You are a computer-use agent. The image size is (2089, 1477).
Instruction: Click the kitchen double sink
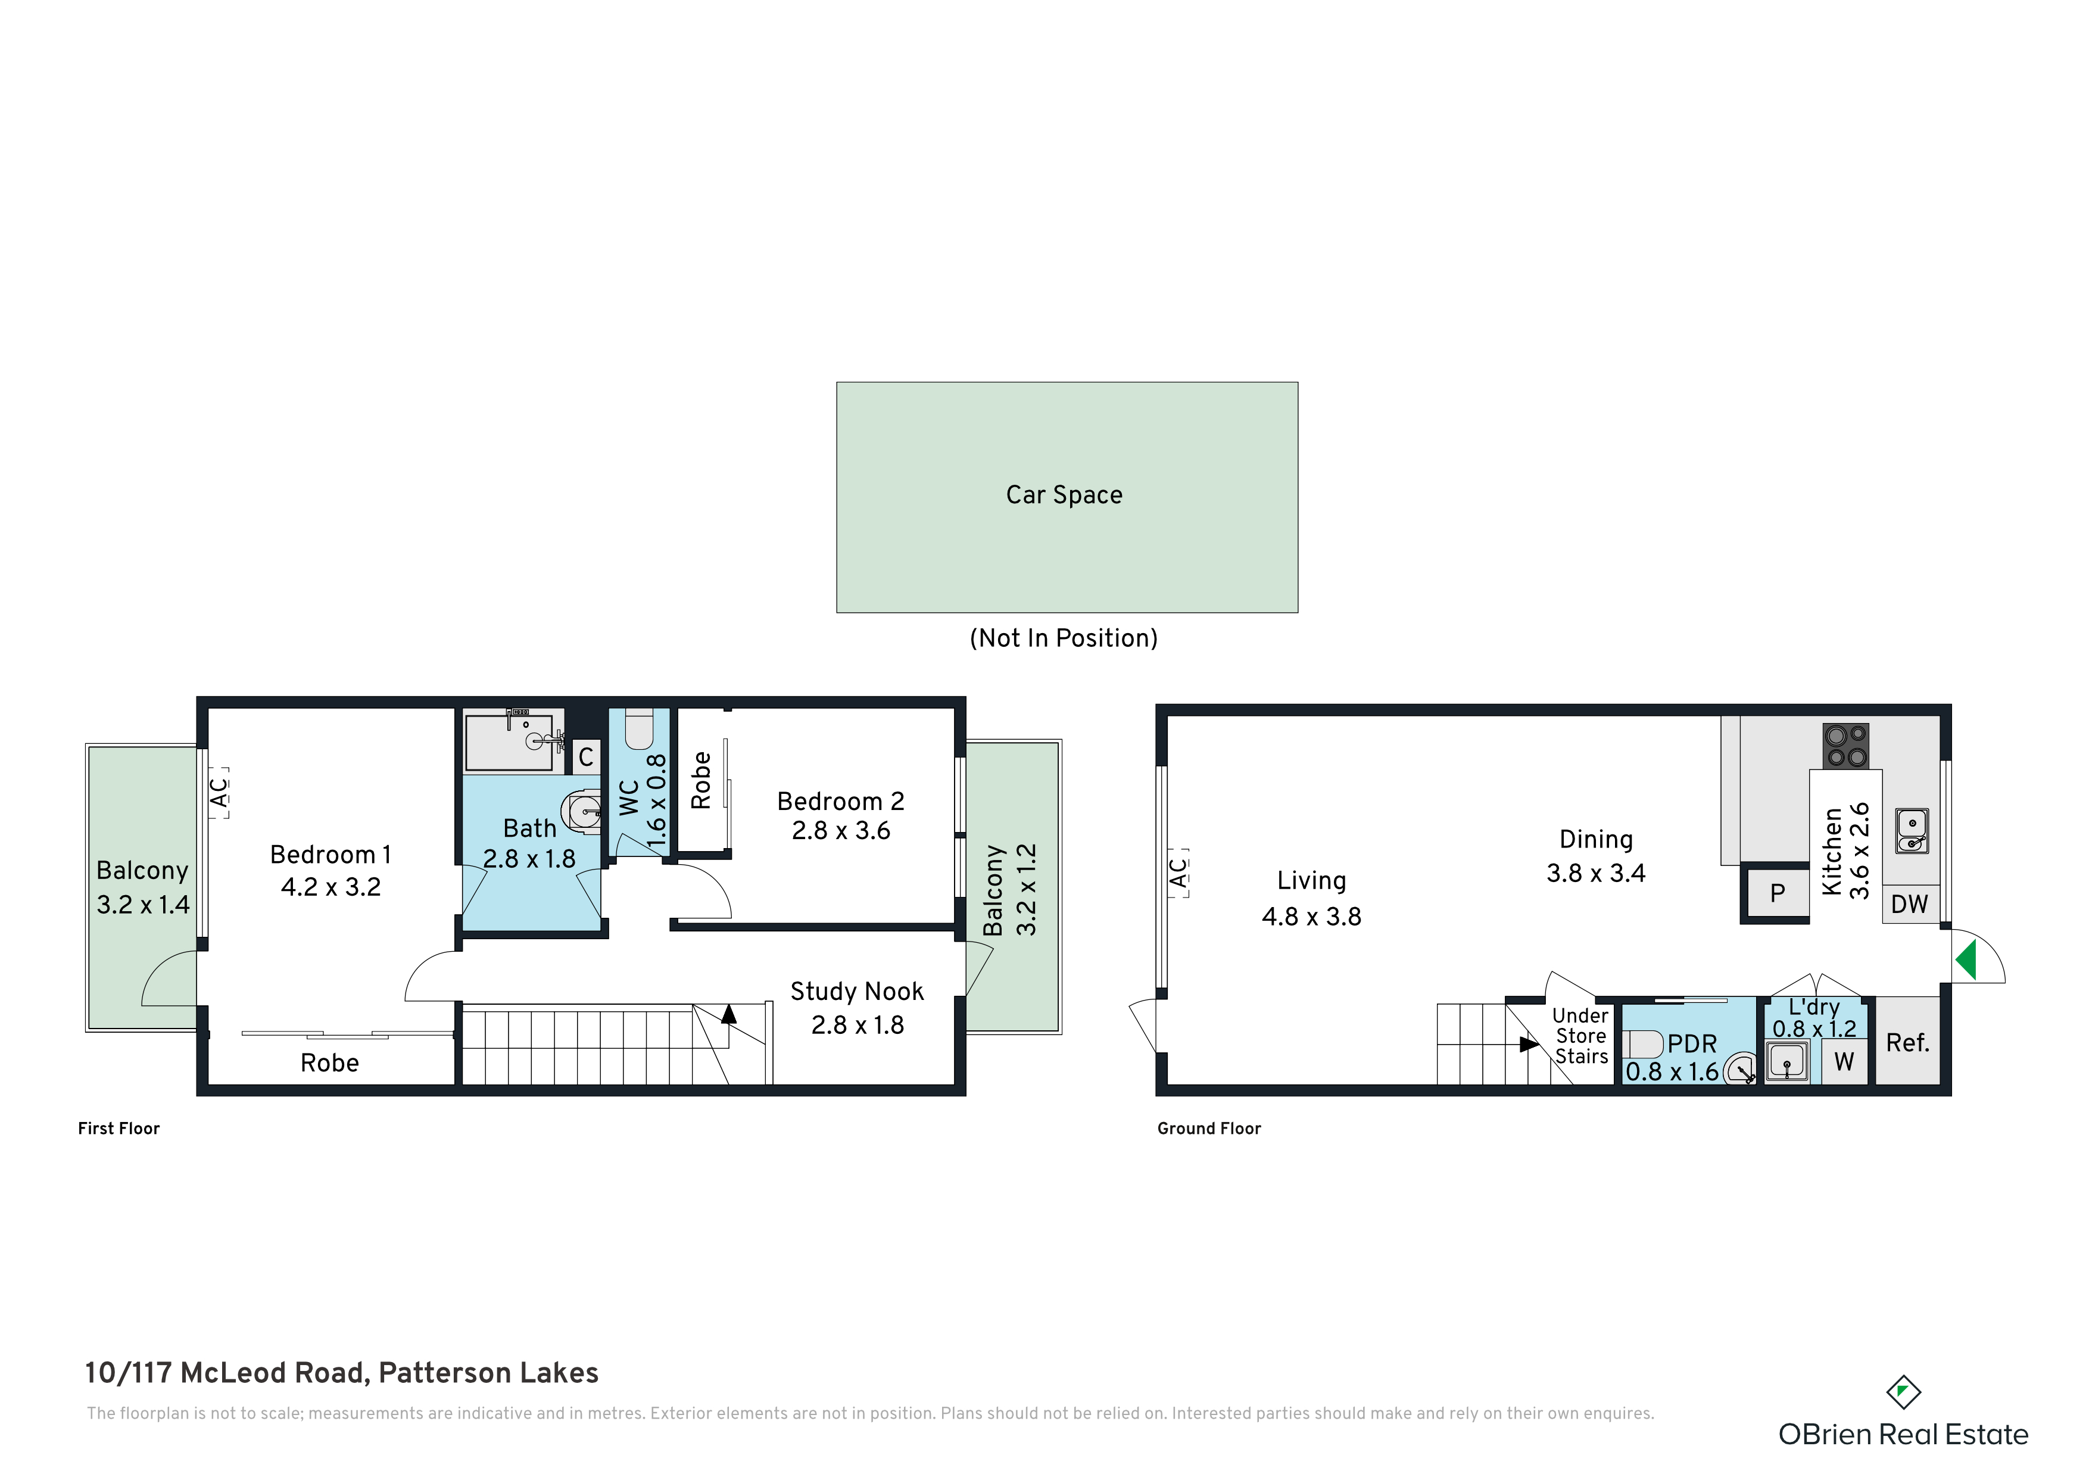pos(1912,831)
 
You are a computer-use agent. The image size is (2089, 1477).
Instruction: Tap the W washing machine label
pos(1844,1061)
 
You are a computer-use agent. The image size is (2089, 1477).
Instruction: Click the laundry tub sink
pos(1788,1061)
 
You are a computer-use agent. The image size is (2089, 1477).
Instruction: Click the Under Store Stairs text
pos(1581,1036)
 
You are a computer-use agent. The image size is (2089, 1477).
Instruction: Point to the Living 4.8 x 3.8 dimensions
pos(1311,917)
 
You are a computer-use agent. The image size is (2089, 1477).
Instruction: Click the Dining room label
pos(1596,839)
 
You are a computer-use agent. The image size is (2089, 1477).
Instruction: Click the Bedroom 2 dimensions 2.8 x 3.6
pos(841,831)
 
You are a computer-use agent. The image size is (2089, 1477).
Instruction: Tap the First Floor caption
pos(119,1129)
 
